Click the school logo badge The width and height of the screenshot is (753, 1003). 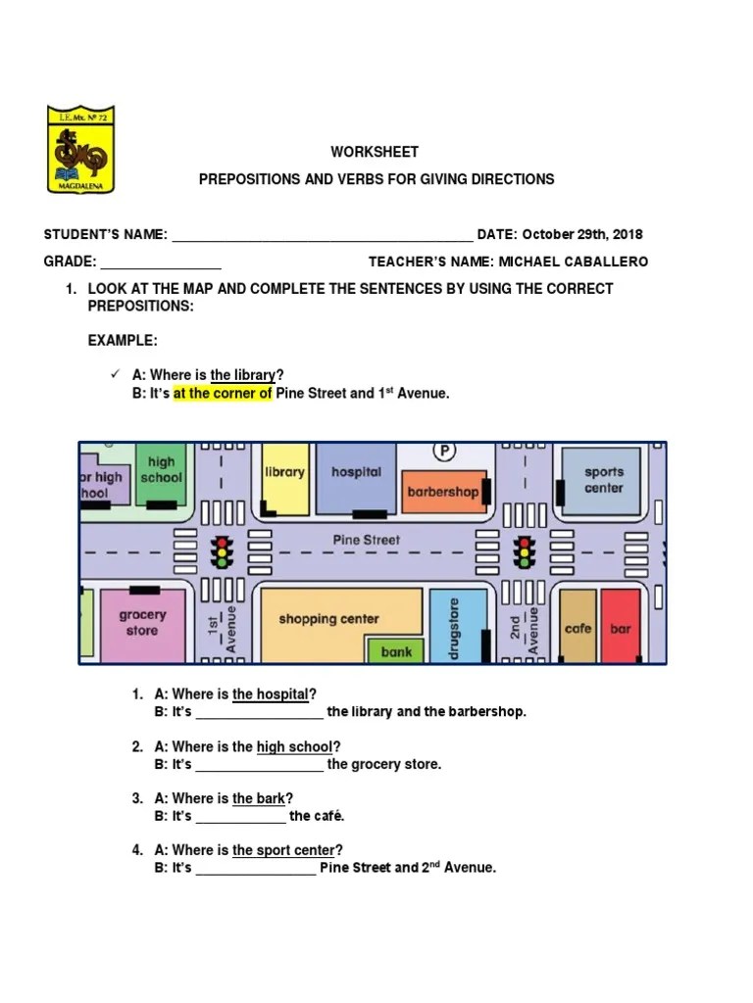click(80, 149)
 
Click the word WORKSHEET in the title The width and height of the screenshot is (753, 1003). click(375, 152)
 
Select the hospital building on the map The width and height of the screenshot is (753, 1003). click(356, 476)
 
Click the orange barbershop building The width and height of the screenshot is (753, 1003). click(442, 493)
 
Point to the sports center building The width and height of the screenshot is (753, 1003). click(603, 479)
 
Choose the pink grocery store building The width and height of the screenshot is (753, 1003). click(143, 623)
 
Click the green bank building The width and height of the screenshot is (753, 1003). click(396, 650)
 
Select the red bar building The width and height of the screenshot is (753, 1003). click(621, 627)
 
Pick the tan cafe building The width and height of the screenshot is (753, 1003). click(577, 627)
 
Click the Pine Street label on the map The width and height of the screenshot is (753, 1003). click(367, 540)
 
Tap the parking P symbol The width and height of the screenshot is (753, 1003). click(446, 451)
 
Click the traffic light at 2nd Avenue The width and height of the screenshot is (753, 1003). click(527, 552)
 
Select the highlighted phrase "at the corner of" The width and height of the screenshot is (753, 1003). click(223, 394)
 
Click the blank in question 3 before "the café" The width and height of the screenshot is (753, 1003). click(240, 817)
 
